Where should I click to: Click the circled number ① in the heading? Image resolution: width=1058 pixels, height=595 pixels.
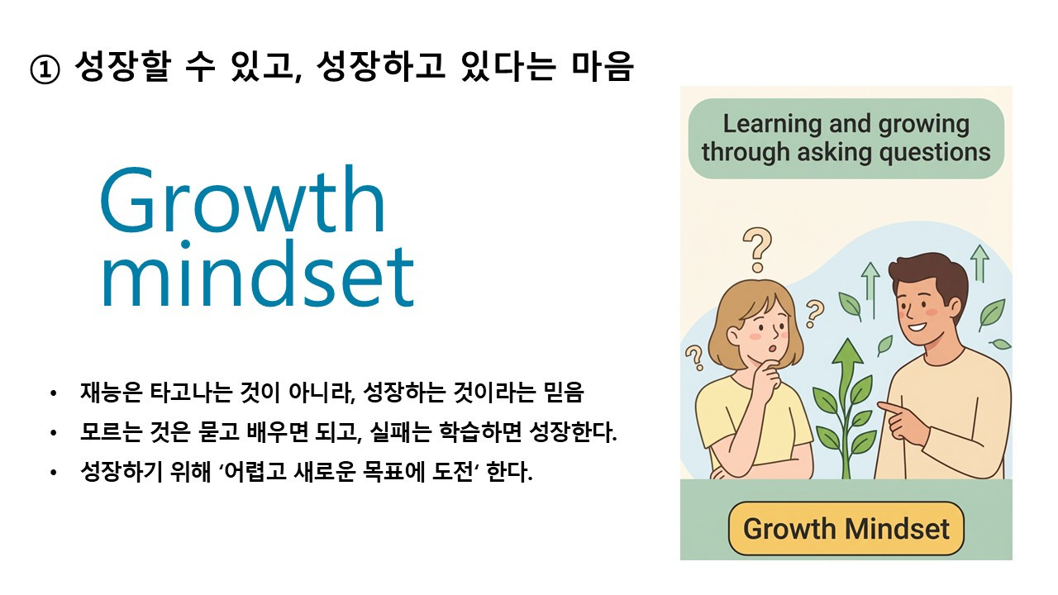(x=45, y=69)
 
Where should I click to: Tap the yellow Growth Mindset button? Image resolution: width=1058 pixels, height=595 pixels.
(x=846, y=528)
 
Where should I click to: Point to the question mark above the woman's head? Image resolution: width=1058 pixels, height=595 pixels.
(x=757, y=250)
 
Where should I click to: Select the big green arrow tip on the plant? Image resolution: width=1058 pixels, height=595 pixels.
(x=848, y=352)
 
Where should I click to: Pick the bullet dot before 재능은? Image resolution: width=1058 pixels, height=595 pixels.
(x=54, y=393)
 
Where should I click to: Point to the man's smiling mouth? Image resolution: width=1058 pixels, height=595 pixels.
(x=918, y=326)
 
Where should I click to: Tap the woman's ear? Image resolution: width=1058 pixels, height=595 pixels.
(x=733, y=336)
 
